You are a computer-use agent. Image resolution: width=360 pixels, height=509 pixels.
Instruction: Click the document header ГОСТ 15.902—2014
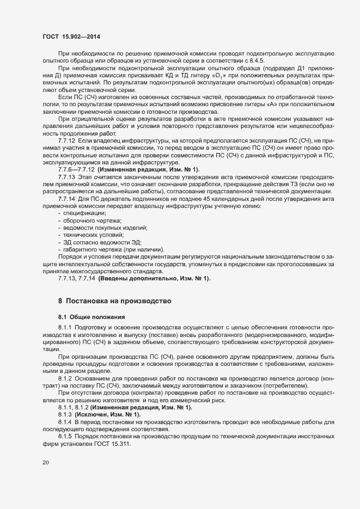click(71, 36)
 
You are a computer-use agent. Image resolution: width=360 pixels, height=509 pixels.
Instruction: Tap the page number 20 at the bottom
click(46, 462)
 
